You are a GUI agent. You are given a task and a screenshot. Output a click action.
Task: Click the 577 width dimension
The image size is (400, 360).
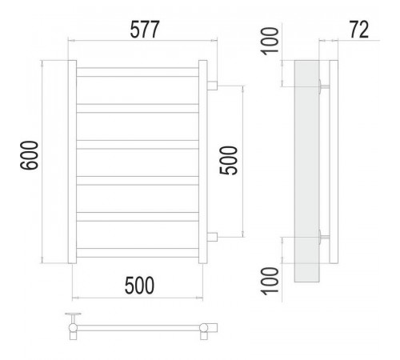tap(145, 29)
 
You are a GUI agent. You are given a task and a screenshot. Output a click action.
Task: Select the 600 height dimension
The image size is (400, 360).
tap(29, 155)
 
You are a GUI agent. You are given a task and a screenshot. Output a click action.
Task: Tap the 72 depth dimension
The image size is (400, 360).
tap(359, 29)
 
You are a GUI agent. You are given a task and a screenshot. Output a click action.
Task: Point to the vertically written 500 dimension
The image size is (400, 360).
tap(228, 161)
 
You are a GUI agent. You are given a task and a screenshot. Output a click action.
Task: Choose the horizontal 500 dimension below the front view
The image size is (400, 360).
tap(139, 286)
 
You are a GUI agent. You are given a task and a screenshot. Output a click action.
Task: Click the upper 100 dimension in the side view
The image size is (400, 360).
tap(270, 42)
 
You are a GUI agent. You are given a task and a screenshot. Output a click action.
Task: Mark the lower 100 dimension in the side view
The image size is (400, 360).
tap(270, 282)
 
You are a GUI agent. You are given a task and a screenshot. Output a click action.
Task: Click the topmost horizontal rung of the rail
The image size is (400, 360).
tap(138, 72)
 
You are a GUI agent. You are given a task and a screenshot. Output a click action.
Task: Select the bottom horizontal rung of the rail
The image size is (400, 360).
tap(138, 253)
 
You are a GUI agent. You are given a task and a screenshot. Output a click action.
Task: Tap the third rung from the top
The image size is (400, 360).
tap(138, 145)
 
